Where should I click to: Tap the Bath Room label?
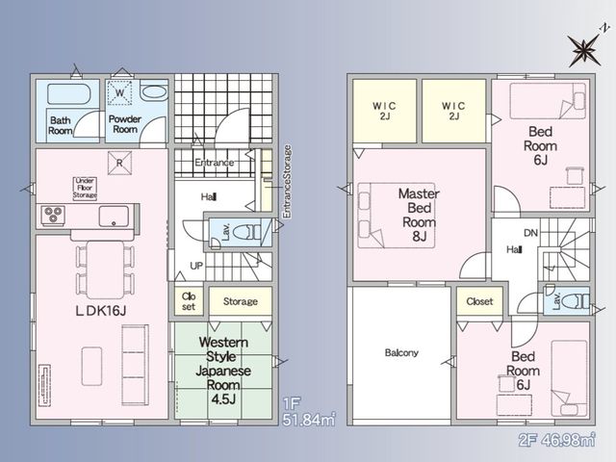coord(61,125)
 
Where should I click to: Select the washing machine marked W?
coord(119,92)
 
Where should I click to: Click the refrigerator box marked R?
coord(119,163)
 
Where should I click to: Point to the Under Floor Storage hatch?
coord(85,189)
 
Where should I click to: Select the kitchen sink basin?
coord(114,216)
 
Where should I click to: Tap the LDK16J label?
coord(100,311)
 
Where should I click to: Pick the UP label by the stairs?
coord(196,266)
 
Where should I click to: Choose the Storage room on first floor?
coord(241,301)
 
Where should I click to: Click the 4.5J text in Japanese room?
coord(223,399)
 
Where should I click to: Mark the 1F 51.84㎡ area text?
coord(309,412)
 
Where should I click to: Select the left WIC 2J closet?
coord(385,112)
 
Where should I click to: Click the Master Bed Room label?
coord(419,215)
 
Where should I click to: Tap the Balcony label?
coord(401,352)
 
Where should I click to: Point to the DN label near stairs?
coord(530,233)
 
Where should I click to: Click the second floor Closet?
coord(479,301)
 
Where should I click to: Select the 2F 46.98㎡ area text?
coord(557,440)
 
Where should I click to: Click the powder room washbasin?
coord(154,92)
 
